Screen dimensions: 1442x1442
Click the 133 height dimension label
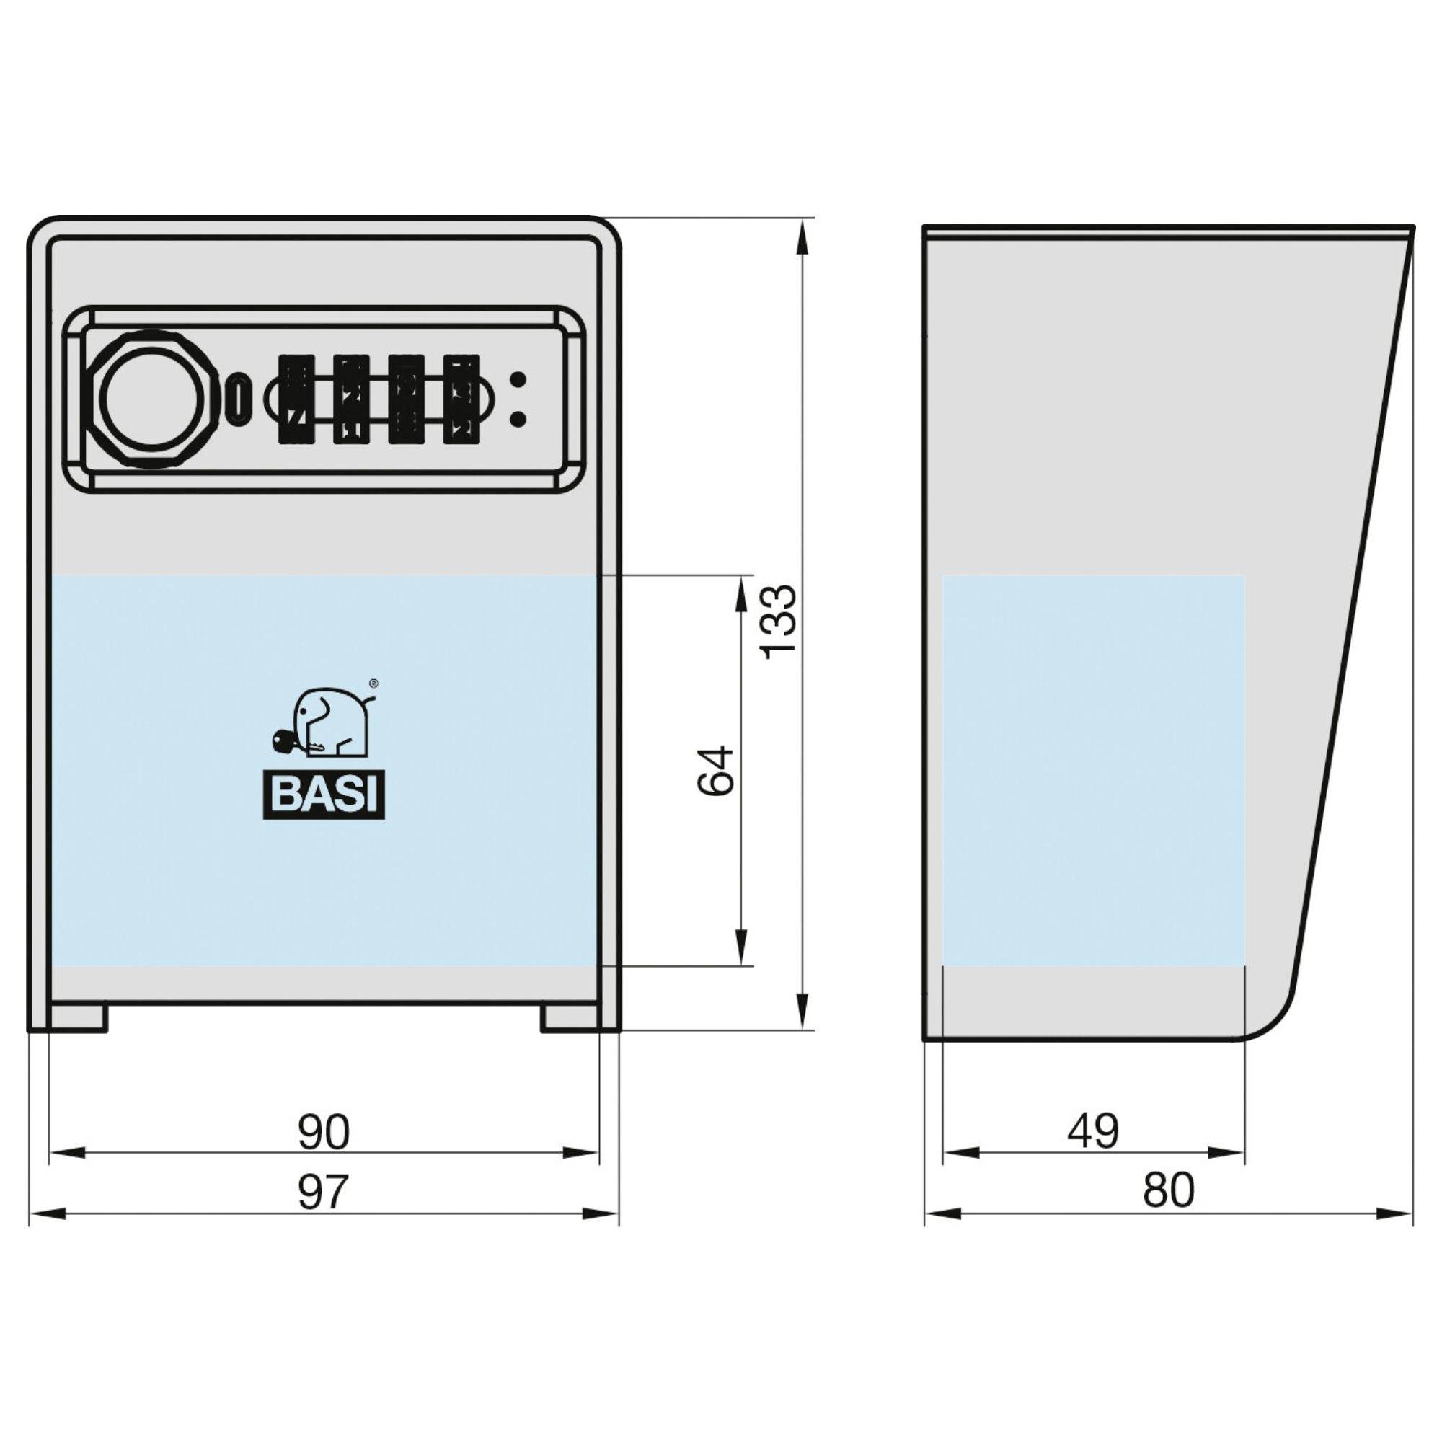click(x=779, y=622)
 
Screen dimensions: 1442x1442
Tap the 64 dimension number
click(x=717, y=769)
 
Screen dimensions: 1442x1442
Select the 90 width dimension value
click(x=323, y=1131)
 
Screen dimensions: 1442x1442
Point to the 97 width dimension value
click(x=323, y=1192)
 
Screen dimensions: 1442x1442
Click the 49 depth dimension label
click(x=1093, y=1131)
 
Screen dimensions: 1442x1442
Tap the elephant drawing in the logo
click(x=325, y=724)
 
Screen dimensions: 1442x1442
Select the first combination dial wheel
click(x=296, y=399)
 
